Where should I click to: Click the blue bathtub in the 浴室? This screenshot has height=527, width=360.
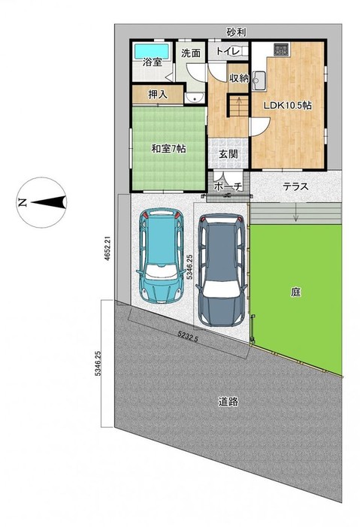(151, 51)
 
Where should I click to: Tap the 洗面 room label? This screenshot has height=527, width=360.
(191, 53)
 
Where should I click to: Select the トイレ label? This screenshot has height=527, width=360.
(228, 51)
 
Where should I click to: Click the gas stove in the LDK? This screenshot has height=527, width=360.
(281, 50)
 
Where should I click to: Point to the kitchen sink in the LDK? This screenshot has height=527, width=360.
(259, 80)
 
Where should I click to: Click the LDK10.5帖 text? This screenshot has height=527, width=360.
(288, 105)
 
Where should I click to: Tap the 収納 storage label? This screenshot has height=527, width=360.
(239, 78)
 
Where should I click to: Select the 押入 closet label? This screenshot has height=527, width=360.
(158, 95)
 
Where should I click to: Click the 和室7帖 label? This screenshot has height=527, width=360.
(169, 149)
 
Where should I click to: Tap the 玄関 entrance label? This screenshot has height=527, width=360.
(228, 154)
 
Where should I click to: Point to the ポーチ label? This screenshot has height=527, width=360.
(228, 186)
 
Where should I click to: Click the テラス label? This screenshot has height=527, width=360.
(296, 186)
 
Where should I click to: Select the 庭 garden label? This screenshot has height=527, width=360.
(296, 292)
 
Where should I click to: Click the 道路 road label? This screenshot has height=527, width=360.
(228, 401)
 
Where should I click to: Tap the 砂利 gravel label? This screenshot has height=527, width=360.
(236, 32)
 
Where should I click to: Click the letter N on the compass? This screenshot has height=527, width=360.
(23, 202)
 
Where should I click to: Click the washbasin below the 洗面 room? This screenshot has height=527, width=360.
(193, 98)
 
